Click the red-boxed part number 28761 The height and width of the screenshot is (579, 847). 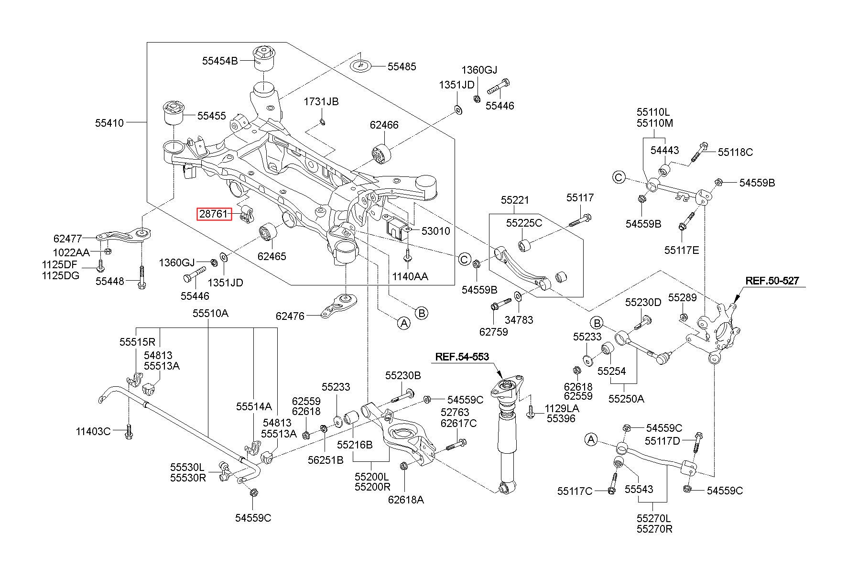click(214, 214)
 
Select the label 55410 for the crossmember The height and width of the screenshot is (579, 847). click(109, 123)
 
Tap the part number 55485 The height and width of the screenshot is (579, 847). click(402, 67)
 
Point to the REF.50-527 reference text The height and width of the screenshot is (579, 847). click(772, 281)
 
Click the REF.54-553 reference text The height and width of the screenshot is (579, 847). click(461, 356)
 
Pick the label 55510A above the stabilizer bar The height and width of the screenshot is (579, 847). click(210, 314)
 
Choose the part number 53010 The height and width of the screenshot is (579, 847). click(435, 231)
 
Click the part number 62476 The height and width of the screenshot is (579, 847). click(290, 316)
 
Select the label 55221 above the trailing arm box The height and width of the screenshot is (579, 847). click(515, 200)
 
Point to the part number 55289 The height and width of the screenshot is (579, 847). click(683, 298)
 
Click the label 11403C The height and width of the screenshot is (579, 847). click(93, 432)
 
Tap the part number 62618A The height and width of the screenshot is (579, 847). click(406, 500)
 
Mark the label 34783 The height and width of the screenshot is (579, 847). click(519, 320)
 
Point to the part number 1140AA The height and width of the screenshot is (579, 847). click(410, 276)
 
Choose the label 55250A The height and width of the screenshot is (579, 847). click(626, 398)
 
